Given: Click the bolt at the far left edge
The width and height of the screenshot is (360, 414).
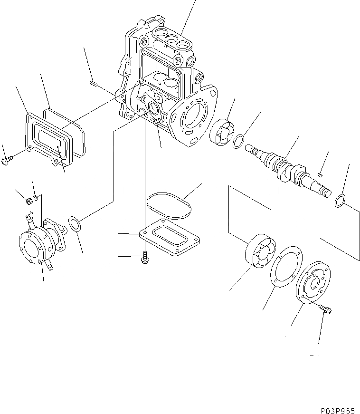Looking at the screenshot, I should pos(7,161).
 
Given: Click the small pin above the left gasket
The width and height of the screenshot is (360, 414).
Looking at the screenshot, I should pos(93,85).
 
